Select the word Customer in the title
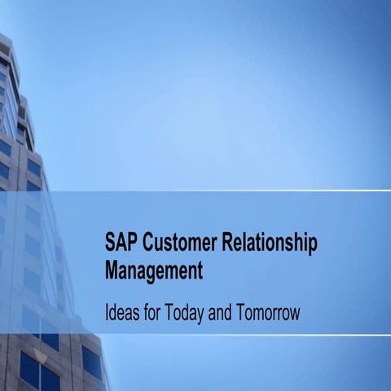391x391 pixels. click(x=178, y=243)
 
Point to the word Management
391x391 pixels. click(x=153, y=270)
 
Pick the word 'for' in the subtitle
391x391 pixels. click(x=157, y=312)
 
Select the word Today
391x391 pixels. click(x=191, y=313)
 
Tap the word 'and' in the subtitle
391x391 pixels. click(x=231, y=312)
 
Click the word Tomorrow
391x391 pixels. click(x=273, y=312)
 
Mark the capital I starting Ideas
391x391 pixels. click(x=107, y=312)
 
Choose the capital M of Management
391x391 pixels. click(x=112, y=270)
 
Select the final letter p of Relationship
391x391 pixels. click(x=312, y=245)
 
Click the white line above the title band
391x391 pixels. click(x=244, y=191)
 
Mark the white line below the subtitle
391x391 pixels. click(x=244, y=334)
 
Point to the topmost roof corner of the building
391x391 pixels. click(x=2, y=35)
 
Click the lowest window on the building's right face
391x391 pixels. click(x=91, y=363)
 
